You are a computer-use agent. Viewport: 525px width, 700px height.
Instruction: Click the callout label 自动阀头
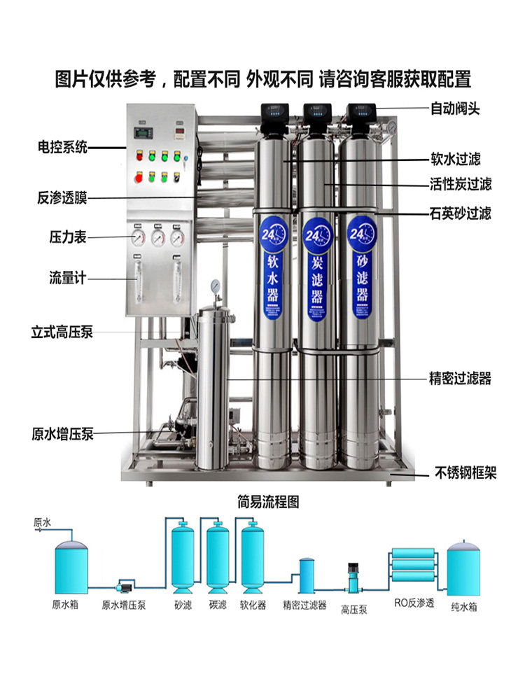click(x=455, y=109)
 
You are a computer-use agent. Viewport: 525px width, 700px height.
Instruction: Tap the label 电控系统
click(x=62, y=148)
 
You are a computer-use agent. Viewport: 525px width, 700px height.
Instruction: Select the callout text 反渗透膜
click(x=62, y=198)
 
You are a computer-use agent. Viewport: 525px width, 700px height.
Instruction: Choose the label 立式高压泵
click(x=62, y=332)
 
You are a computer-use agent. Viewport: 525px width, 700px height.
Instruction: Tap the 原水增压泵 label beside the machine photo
click(x=62, y=434)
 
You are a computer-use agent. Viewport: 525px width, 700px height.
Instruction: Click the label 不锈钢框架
click(x=465, y=474)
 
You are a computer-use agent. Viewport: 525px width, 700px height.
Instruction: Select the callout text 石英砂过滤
click(x=460, y=212)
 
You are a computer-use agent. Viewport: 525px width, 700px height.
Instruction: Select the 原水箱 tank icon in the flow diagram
click(x=71, y=564)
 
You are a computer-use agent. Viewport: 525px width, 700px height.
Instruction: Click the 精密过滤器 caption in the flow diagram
click(x=304, y=605)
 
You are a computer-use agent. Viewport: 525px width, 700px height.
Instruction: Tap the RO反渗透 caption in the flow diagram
click(x=414, y=603)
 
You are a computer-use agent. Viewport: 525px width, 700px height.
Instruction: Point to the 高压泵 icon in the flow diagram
click(x=353, y=578)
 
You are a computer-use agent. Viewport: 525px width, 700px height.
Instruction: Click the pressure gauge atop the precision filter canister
click(x=215, y=286)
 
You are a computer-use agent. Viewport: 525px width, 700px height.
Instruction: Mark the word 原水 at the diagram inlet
click(x=42, y=522)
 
